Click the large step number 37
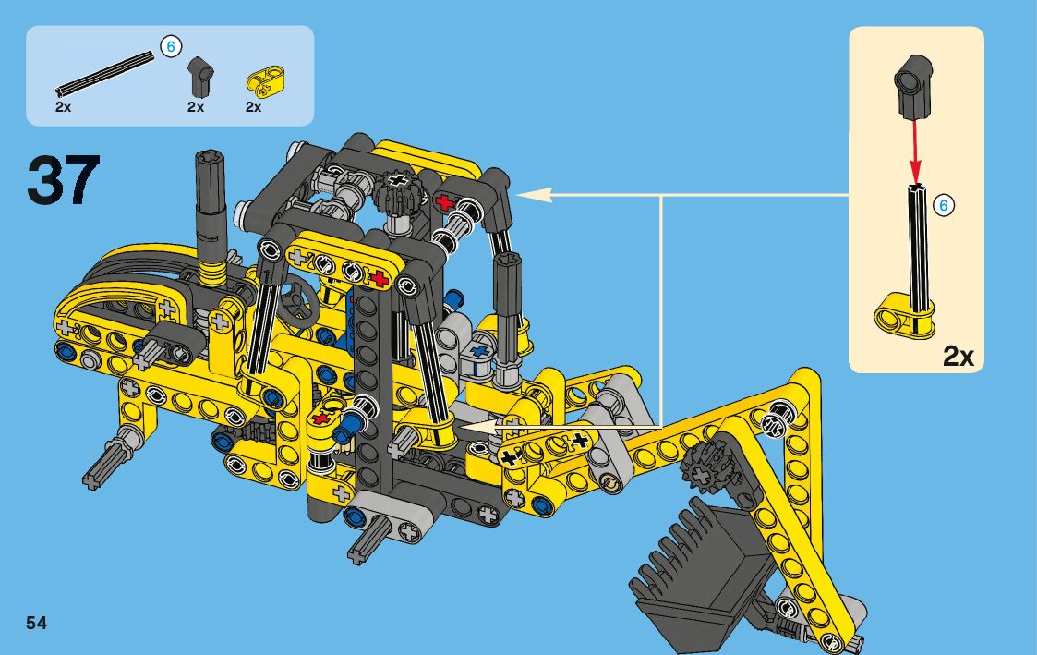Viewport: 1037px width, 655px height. tap(64, 179)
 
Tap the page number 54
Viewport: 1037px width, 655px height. tap(36, 623)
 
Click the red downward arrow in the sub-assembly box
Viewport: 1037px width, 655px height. tap(916, 151)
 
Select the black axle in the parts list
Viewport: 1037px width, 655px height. tap(105, 73)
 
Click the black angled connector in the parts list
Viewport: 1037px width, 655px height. tap(199, 76)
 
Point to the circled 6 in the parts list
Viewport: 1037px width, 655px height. tap(171, 46)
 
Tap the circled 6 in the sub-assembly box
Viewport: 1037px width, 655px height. tap(944, 205)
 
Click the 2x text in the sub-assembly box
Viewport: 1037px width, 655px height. tap(959, 358)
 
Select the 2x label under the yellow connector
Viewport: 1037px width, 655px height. tap(253, 107)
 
